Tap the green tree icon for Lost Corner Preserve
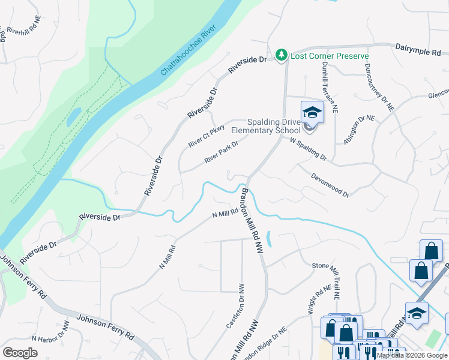pos(281,55)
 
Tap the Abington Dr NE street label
pos(358,128)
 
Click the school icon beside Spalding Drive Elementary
pos(312,113)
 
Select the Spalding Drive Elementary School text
pos(265,125)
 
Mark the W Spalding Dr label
pos(308,149)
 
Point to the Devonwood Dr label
pos(330,184)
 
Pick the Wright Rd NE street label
pos(319,296)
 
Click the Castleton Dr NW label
pos(235,306)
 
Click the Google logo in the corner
pos(20,352)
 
